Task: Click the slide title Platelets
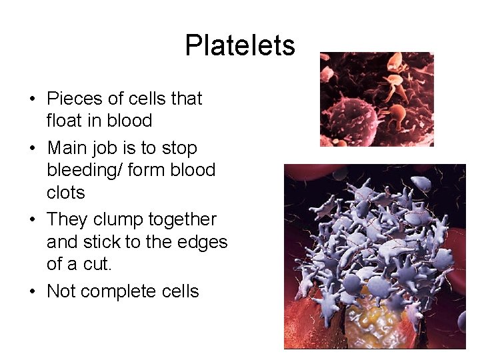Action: pyautogui.click(x=239, y=46)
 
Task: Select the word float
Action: pyautogui.click(x=63, y=121)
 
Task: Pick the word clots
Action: pyautogui.click(x=66, y=193)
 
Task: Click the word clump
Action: pyautogui.click(x=114, y=219)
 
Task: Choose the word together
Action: pyautogui.click(x=181, y=219)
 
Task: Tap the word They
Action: pyautogui.click(x=68, y=219)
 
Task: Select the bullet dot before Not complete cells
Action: pyautogui.click(x=32, y=292)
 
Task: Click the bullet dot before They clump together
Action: pyautogui.click(x=32, y=220)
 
